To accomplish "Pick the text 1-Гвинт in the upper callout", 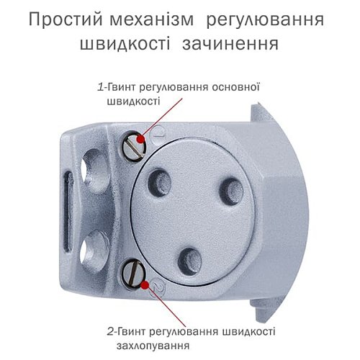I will coord(115,88).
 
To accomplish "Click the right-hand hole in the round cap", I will coord(230,191).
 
